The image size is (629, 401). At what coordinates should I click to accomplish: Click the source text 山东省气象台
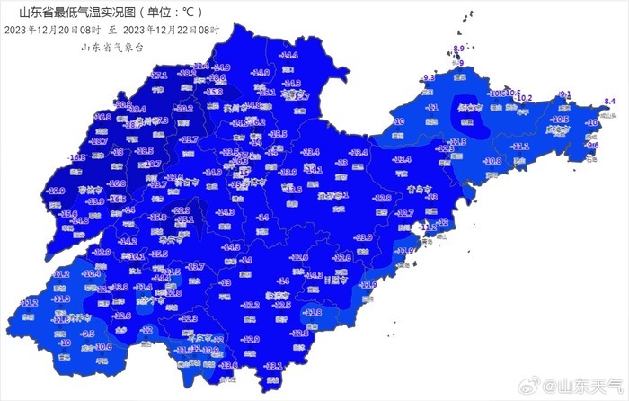[112, 47]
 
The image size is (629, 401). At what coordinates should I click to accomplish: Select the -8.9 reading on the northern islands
[458, 49]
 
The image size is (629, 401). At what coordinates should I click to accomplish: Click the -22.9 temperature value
[182, 210]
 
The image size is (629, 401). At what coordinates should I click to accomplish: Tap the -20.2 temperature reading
[184, 109]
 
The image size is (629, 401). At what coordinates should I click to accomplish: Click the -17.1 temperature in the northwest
[159, 76]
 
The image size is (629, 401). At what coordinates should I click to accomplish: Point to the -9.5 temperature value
[88, 334]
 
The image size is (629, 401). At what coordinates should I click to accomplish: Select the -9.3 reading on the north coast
[428, 78]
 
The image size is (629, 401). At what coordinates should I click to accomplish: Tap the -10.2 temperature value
[525, 98]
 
